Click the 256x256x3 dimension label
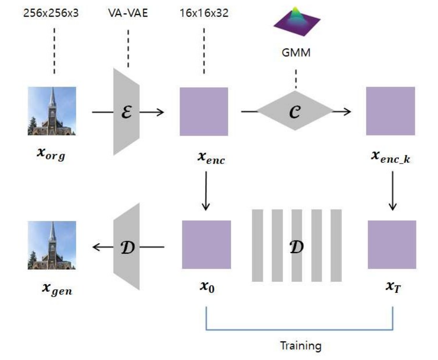point(51,13)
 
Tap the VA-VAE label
point(128,13)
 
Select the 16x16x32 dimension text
point(204,13)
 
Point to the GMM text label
point(296,52)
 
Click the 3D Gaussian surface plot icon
point(297,22)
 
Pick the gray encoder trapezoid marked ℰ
point(126,112)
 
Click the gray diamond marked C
point(295,111)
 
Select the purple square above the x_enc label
point(204,111)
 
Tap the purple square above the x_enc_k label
point(391,111)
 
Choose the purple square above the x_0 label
point(207,245)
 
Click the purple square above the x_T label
point(392,245)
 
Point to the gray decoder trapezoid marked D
point(126,247)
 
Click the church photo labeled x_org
point(52,111)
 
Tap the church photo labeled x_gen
point(52,245)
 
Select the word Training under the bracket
point(301,346)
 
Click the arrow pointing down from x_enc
point(206,191)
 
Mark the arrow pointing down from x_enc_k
point(392,191)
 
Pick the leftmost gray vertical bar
point(257,246)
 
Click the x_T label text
point(393,287)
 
